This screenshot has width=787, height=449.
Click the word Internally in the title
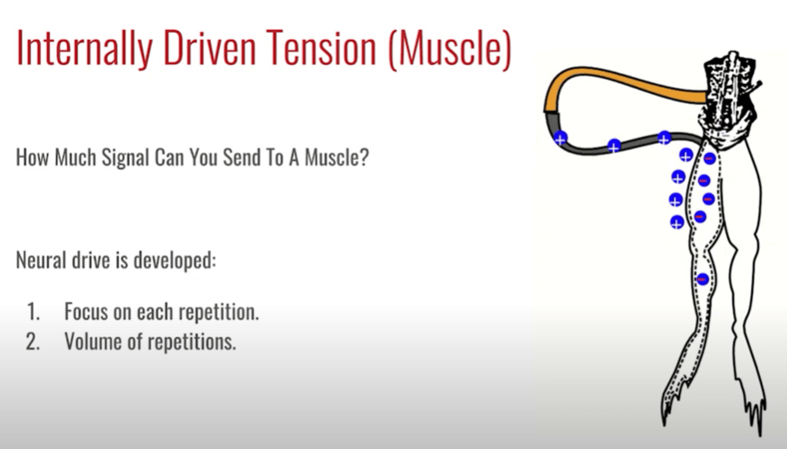pos(84,48)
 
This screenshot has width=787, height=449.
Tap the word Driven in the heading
pos(210,47)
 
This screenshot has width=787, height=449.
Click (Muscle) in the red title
pos(450,49)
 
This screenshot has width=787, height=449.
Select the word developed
pos(175,261)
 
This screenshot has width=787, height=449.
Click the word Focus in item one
pos(86,312)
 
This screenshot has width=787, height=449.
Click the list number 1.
pos(33,312)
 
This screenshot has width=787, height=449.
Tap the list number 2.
pos(33,341)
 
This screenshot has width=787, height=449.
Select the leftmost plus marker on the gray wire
pos(560,138)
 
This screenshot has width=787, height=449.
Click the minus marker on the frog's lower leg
pos(702,279)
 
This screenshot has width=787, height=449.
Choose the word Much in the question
pos(75,157)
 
